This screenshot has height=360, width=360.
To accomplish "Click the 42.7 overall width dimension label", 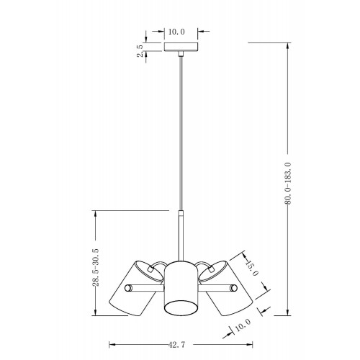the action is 176,345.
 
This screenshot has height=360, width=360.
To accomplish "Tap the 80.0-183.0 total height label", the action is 288,183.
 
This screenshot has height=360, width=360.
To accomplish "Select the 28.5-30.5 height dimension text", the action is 96,267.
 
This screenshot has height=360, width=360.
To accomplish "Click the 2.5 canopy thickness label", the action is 140,50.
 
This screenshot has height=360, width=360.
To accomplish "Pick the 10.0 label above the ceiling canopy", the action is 176,32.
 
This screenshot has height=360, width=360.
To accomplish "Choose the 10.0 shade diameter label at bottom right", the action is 243,325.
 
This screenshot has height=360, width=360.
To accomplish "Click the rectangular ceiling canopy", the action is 181,47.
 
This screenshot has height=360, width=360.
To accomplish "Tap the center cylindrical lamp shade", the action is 181,288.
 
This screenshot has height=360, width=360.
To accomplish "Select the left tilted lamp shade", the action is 135,289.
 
